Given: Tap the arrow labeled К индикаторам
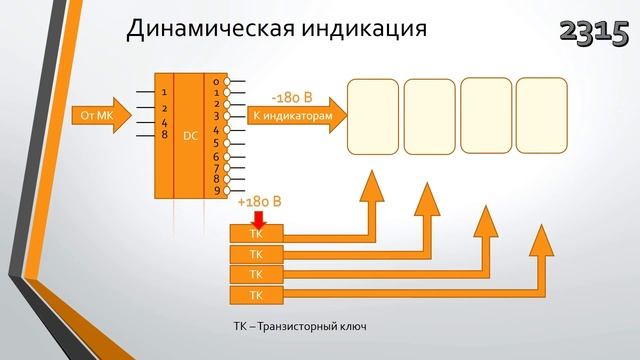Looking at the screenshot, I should click(289, 116).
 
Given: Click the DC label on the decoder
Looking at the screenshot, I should click(190, 136).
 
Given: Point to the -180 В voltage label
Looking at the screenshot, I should click(293, 98).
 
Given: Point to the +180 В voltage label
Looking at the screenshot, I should click(259, 203).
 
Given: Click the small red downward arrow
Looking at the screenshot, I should click(258, 217).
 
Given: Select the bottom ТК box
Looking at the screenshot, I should click(256, 295).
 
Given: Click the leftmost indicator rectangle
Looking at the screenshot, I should click(373, 116).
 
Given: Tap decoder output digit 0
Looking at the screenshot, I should click(215, 81).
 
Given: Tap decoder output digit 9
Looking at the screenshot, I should click(215, 191).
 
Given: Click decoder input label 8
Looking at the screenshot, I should click(164, 132).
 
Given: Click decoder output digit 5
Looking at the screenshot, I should click(215, 142).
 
